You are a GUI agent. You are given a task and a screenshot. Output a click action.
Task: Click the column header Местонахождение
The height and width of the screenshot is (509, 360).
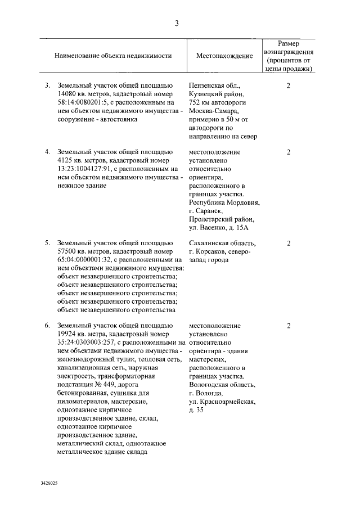224,56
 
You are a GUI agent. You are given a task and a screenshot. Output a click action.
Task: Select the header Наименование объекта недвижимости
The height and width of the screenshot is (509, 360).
113,56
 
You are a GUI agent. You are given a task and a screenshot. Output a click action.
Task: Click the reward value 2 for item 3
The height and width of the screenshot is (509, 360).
289,86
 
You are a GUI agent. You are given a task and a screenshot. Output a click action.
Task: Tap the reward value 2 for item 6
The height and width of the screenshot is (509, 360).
289,326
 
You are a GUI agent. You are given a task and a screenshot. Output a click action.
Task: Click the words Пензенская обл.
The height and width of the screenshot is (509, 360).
215,86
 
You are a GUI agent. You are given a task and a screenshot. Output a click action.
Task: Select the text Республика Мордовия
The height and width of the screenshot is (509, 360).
224,202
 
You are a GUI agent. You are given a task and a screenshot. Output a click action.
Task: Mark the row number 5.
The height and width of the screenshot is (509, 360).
48,243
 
